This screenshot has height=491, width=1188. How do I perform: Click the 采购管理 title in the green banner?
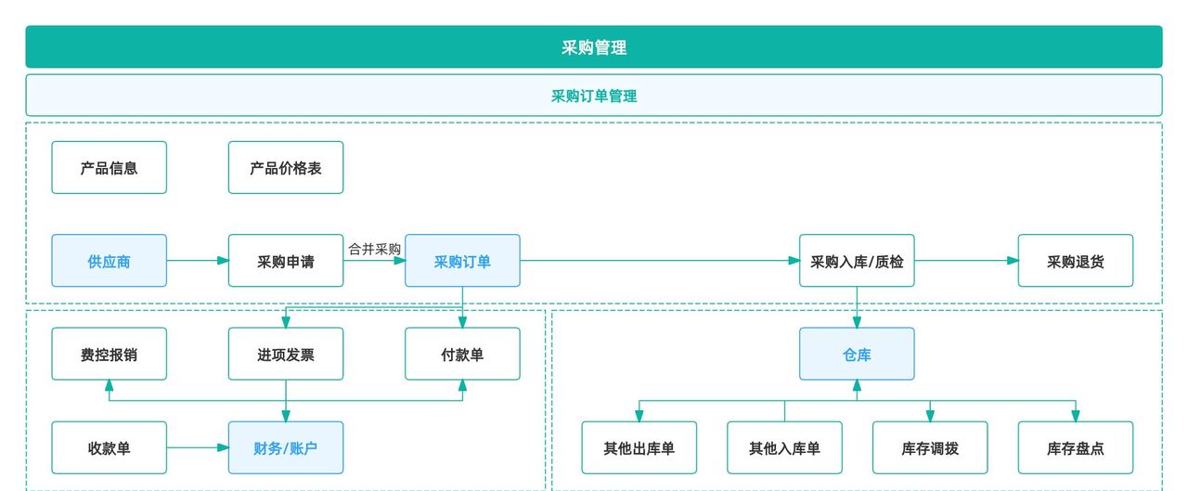[x=594, y=47]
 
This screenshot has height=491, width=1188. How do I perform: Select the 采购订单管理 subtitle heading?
[x=594, y=96]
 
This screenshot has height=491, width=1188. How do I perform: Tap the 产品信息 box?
[x=110, y=168]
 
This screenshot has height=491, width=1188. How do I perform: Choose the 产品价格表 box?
[x=286, y=168]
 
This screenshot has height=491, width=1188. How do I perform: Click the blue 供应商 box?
[x=110, y=261]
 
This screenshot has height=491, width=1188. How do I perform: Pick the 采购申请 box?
[x=286, y=261]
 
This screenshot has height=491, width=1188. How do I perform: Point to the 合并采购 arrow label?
[x=374, y=249]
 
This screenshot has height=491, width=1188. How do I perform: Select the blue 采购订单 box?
[x=462, y=261]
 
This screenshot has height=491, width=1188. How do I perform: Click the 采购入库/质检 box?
[x=857, y=261]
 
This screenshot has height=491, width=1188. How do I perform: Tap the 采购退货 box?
[x=1076, y=261]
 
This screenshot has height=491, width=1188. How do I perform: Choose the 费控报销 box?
[x=110, y=354]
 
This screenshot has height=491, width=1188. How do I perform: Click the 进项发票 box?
[x=286, y=354]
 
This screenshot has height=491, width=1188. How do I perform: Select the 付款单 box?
[x=462, y=354]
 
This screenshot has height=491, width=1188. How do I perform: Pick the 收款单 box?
[x=110, y=448]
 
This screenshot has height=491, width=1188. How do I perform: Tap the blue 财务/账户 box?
[x=286, y=448]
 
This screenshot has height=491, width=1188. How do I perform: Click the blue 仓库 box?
[x=857, y=354]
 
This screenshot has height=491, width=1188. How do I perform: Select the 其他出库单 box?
[x=639, y=448]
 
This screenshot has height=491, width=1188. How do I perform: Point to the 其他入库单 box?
[x=784, y=448]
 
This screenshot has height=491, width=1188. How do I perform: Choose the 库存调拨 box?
[x=930, y=448]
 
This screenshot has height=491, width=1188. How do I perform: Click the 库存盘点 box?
[x=1076, y=448]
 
